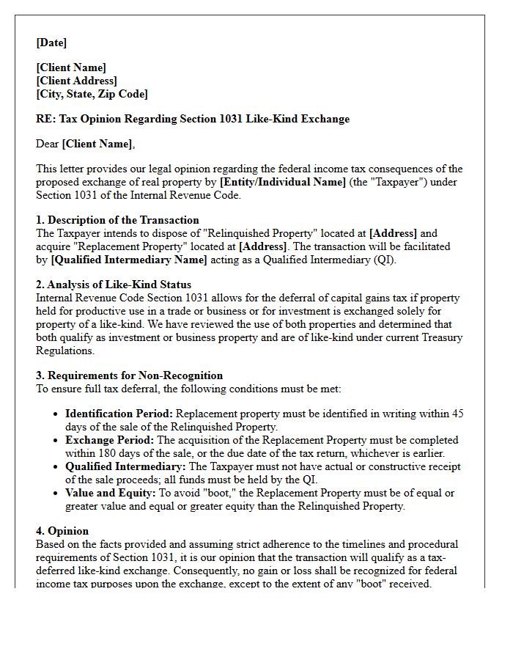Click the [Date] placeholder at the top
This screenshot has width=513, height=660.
[51, 43]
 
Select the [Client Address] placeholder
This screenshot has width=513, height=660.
[76, 81]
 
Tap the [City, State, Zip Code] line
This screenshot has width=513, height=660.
[92, 94]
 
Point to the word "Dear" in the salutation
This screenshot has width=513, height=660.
[48, 144]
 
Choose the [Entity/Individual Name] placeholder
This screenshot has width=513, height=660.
[283, 182]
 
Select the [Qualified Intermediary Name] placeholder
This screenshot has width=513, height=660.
[129, 260]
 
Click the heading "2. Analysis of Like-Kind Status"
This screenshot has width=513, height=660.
[114, 285]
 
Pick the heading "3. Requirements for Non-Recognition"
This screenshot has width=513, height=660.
[129, 375]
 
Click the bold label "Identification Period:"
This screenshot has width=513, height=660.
[119, 414]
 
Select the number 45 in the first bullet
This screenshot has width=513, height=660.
[457, 414]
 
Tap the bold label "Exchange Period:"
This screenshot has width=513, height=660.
[109, 440]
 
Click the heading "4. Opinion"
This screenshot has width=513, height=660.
[62, 531]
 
